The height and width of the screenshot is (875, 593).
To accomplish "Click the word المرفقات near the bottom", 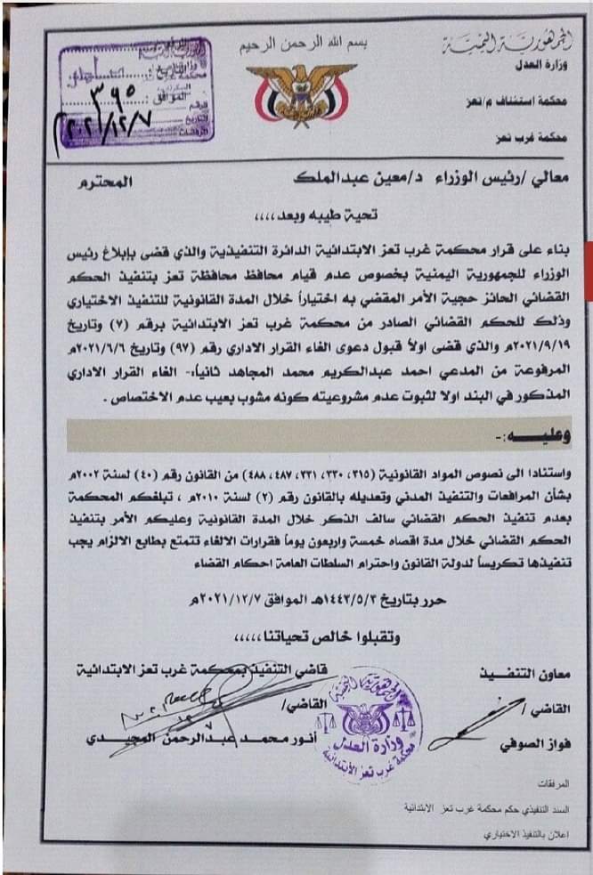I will pos(552,788).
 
